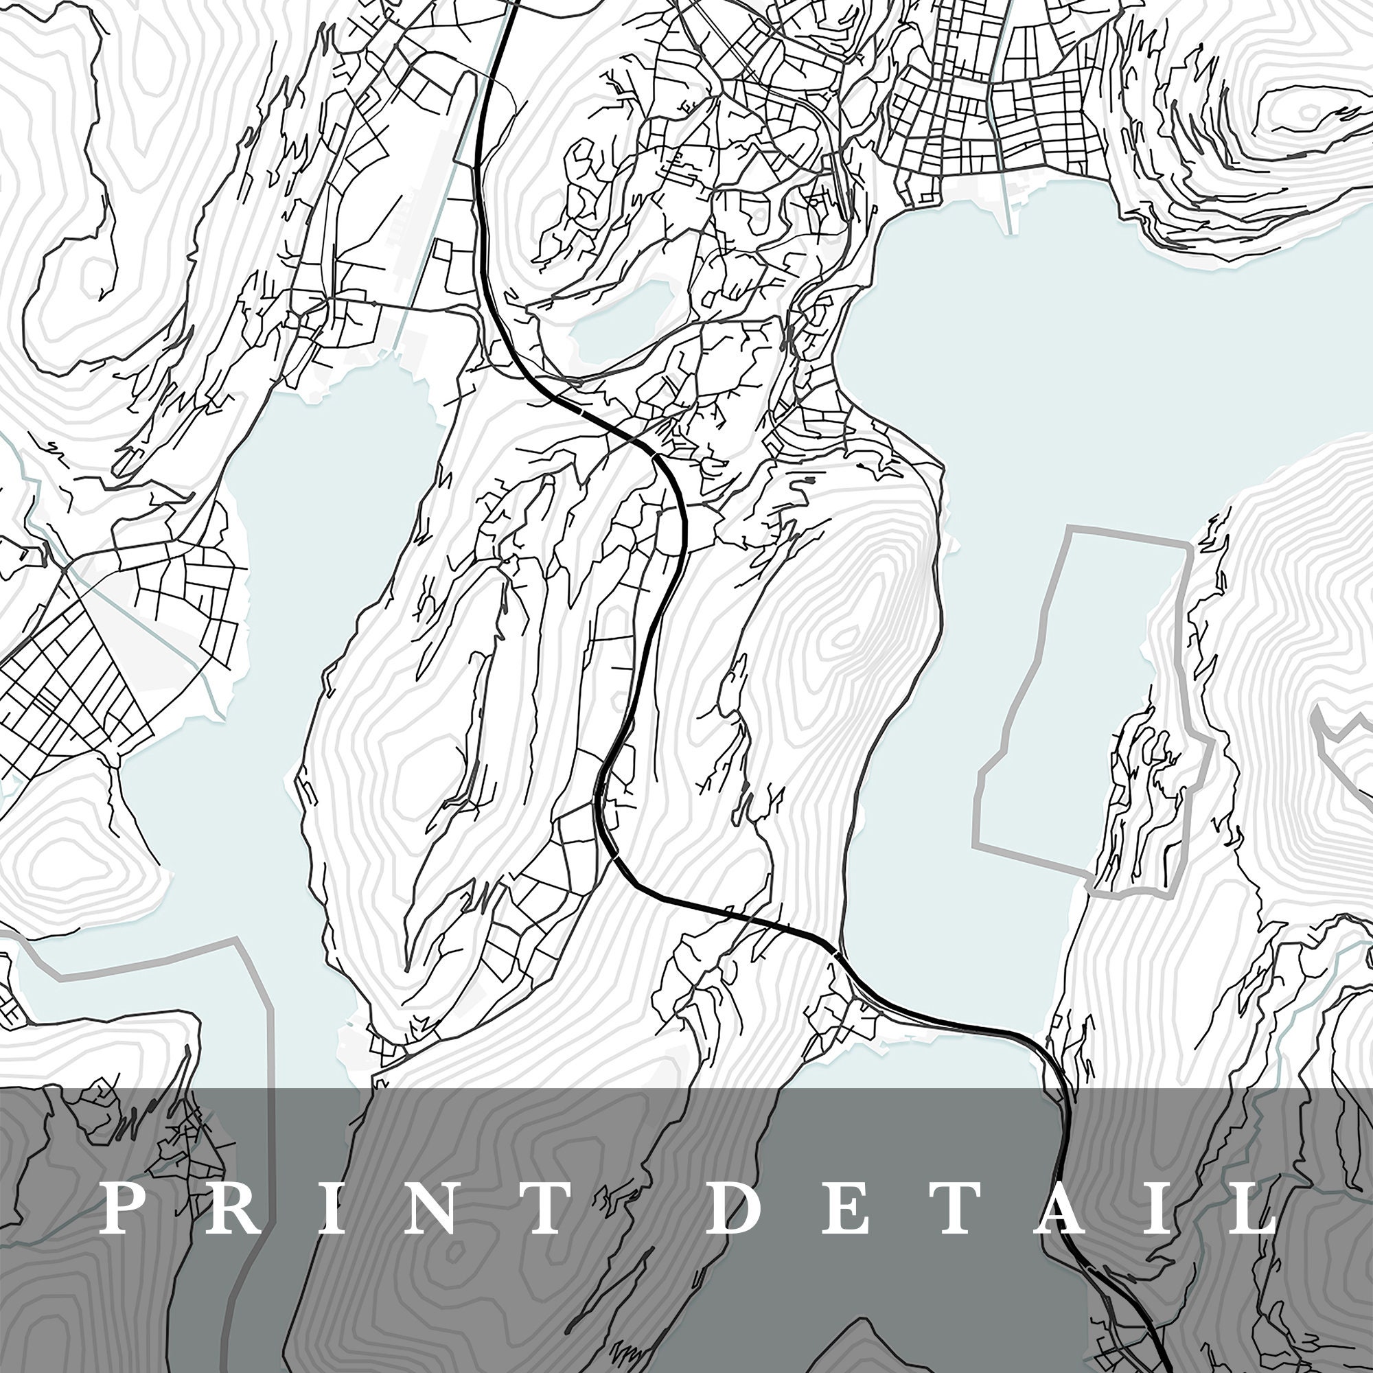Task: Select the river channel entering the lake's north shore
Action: coord(1007,206)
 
